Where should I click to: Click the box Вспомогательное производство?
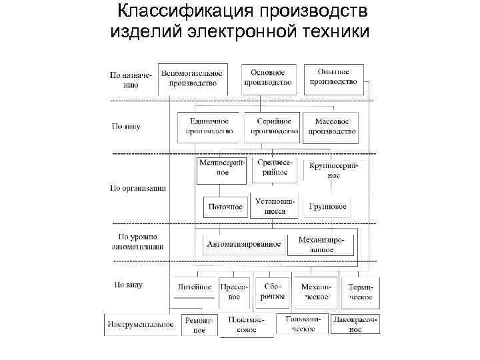pyautogui.click(x=193, y=79)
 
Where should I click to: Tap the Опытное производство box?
pyautogui.click(x=333, y=78)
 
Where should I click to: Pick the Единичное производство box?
pyautogui.click(x=209, y=127)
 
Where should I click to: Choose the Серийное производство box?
pyautogui.click(x=271, y=127)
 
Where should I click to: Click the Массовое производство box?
pyautogui.click(x=331, y=127)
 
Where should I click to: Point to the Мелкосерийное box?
pyautogui.click(x=221, y=168)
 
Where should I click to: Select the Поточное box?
pyautogui.click(x=225, y=207)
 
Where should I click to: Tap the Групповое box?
pyautogui.click(x=327, y=207)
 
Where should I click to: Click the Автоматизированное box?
pyautogui.click(x=244, y=244)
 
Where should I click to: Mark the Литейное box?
pyautogui.click(x=195, y=287)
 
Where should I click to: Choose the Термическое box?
pyautogui.click(x=361, y=292)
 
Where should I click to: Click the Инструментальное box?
pyautogui.click(x=140, y=324)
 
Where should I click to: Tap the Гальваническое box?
pyautogui.click(x=303, y=323)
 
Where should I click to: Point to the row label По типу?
pyautogui.click(x=126, y=126)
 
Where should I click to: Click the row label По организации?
pyautogui.click(x=138, y=188)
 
